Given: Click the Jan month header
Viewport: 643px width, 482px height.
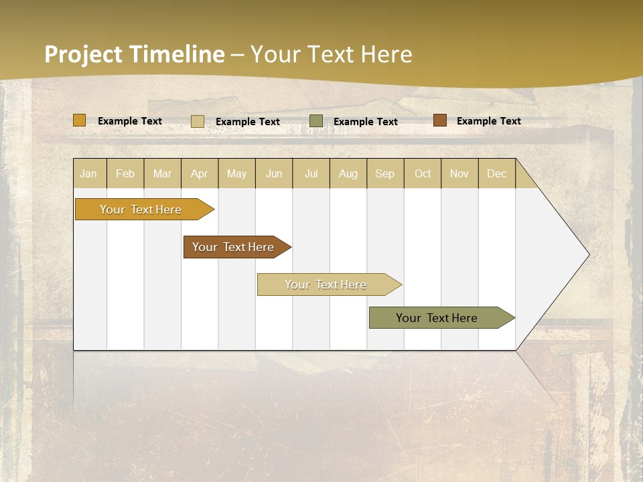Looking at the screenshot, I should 89,173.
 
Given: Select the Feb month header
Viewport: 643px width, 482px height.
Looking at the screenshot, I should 125,173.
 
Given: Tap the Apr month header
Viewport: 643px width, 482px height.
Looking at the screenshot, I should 200,173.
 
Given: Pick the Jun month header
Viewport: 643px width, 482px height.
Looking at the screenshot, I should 274,173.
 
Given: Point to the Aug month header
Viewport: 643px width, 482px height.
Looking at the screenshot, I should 348,173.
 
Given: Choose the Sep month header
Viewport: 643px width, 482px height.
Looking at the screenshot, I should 385,173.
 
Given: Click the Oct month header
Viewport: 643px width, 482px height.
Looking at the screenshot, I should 423,173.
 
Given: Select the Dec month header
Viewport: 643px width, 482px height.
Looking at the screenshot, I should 497,173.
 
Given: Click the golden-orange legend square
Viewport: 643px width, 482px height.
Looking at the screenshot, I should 80,120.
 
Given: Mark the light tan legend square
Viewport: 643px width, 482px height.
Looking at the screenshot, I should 198,121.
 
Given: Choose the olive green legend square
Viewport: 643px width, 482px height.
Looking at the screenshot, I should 316,120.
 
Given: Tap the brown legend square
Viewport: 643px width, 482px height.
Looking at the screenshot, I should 440,120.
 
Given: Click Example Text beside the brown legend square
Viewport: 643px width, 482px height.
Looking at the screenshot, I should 488,121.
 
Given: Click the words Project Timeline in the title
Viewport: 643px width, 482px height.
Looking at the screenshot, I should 134,54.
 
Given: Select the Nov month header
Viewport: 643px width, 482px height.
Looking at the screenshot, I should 459,173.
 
